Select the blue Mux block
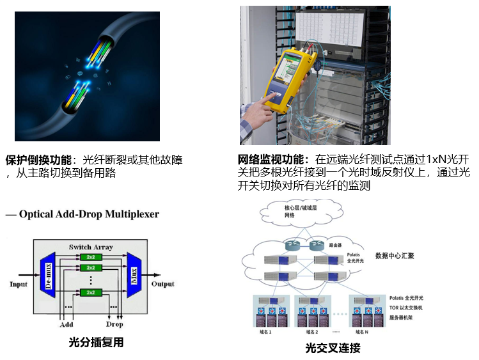point(133,274)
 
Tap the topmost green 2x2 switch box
point(90,257)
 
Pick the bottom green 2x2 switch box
point(90,293)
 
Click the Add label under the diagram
point(67,324)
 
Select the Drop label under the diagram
point(114,324)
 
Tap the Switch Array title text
point(90,246)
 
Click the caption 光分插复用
point(96,343)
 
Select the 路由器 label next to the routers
point(337,244)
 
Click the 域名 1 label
point(263,333)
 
